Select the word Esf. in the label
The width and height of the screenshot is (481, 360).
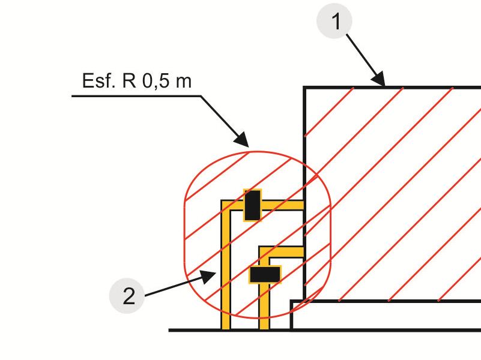point(98,81)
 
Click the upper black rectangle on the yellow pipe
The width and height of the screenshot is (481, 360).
point(252,205)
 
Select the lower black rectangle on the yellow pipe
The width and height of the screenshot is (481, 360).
point(265,274)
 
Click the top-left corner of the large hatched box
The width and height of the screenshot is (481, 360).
point(305,88)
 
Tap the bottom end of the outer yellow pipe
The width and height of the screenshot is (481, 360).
point(226,327)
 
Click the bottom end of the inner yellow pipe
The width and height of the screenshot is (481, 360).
point(264,327)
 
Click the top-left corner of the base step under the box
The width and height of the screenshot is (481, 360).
point(292,301)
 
